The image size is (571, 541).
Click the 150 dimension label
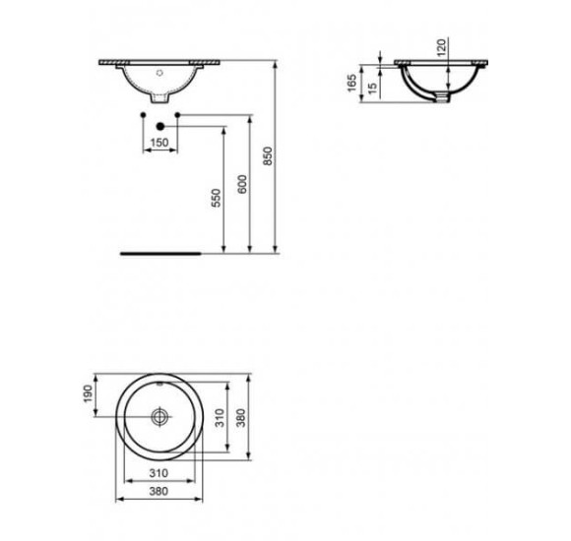tap(159, 144)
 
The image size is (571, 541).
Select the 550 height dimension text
tap(217, 197)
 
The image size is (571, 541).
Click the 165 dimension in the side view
tap(351, 82)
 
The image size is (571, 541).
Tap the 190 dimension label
tap(87, 393)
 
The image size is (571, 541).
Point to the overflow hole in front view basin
tap(159, 72)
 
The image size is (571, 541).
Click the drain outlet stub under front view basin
tap(159, 99)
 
